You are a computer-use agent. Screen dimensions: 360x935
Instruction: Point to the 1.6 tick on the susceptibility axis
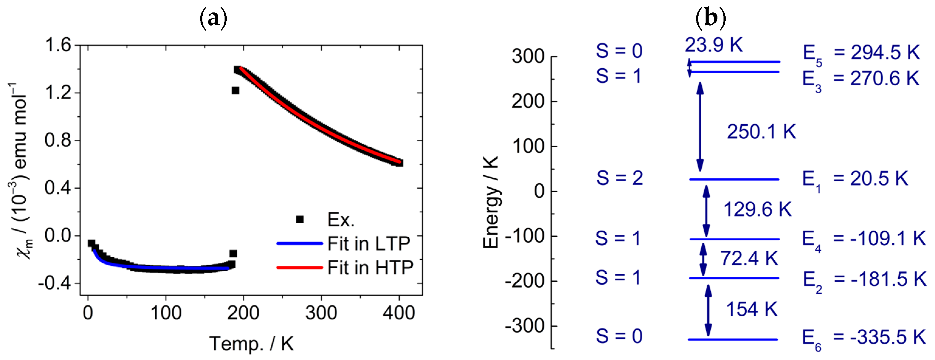tap(58, 45)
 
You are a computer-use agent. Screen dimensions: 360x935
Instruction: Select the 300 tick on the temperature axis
tap(321, 313)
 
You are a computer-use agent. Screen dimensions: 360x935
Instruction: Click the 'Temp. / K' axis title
tap(251, 343)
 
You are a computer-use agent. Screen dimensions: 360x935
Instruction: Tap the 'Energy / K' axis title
tap(490, 202)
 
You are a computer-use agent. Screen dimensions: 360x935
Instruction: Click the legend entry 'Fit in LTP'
tap(368, 243)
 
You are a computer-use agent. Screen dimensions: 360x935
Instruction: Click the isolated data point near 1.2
tap(235, 90)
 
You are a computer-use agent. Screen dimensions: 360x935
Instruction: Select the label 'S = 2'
tap(619, 178)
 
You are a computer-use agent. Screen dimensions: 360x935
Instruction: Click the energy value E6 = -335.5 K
tap(864, 338)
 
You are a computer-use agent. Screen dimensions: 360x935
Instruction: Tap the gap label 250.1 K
tap(761, 131)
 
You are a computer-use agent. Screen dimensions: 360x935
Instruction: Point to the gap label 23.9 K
tap(713, 45)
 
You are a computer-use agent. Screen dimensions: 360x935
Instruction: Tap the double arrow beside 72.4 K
tap(703, 259)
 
